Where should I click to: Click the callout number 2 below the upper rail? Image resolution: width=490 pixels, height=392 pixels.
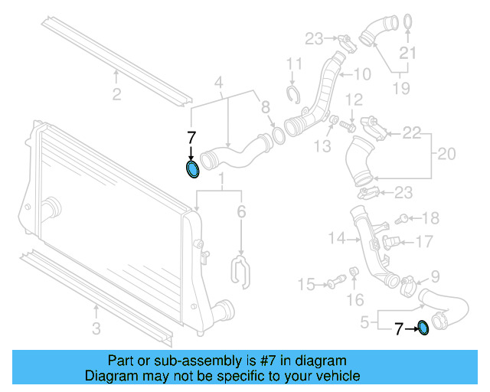pyautogui.click(x=116, y=95)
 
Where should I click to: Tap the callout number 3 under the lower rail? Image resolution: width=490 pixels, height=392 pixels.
pyautogui.click(x=96, y=330)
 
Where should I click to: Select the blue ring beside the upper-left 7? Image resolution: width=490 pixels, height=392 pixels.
pyautogui.click(x=193, y=168)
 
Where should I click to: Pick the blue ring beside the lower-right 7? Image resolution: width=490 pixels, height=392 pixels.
pyautogui.click(x=423, y=329)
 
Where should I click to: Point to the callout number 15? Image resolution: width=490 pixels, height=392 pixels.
pyautogui.click(x=306, y=285)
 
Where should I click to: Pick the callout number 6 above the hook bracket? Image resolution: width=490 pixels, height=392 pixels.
pyautogui.click(x=242, y=212)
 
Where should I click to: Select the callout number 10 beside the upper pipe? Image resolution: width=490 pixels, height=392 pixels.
pyautogui.click(x=361, y=74)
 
